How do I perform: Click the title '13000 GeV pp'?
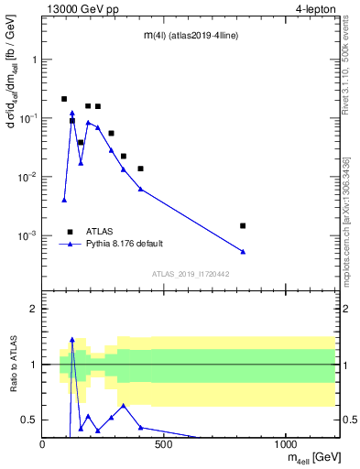tap(81, 10)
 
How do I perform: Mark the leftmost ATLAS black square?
tap(64, 99)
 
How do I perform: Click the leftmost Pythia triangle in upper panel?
tap(64, 200)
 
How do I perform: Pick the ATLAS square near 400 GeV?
tap(140, 169)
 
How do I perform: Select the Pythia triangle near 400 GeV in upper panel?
tap(140, 189)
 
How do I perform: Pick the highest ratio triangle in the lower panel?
tap(72, 339)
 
